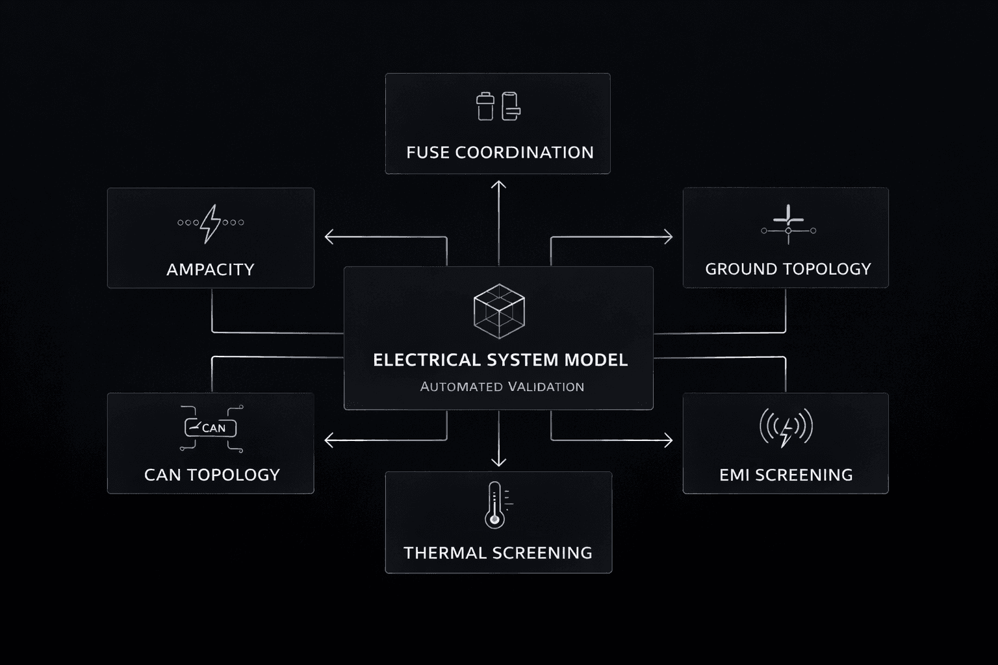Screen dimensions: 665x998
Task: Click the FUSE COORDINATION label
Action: click(x=500, y=153)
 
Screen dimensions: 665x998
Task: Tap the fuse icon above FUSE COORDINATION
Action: click(x=498, y=107)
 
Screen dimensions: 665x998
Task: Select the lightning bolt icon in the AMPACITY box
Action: click(x=210, y=223)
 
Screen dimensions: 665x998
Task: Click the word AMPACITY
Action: click(x=210, y=270)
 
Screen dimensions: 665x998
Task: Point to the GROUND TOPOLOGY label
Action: click(x=787, y=269)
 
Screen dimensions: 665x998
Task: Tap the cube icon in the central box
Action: click(x=499, y=311)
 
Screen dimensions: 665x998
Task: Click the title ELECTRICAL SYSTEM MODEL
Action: click(x=500, y=360)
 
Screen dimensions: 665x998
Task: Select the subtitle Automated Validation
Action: click(x=502, y=387)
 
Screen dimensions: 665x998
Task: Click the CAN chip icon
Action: click(x=211, y=427)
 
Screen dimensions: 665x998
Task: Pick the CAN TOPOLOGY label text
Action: click(x=212, y=475)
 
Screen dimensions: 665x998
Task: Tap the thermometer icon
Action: click(x=496, y=505)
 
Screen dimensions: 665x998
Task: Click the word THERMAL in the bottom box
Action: click(x=445, y=553)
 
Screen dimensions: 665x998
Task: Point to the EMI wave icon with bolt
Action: click(x=786, y=427)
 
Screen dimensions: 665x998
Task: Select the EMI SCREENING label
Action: click(x=786, y=475)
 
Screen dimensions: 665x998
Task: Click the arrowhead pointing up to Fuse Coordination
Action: click(x=498, y=185)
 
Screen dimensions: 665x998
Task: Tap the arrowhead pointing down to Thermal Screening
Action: click(x=498, y=462)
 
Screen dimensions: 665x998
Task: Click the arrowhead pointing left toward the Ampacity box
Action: click(x=329, y=237)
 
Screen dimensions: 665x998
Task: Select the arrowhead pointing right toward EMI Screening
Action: click(x=668, y=441)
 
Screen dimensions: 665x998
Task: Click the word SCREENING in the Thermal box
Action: click(x=542, y=553)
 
